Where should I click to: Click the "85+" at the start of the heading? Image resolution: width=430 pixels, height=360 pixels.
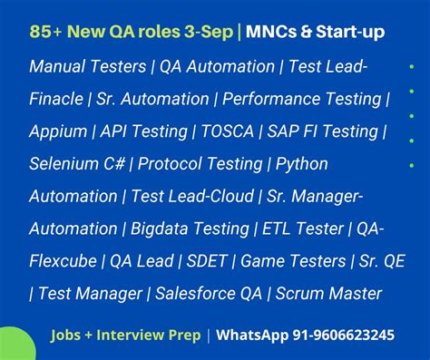[47, 33]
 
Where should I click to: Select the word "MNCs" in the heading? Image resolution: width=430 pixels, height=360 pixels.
[274, 33]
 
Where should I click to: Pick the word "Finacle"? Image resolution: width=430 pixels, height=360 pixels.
[59, 100]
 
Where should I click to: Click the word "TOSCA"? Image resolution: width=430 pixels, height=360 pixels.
[228, 132]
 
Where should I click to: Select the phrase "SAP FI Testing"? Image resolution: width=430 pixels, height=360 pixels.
[323, 132]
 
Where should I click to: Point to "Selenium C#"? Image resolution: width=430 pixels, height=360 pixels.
[77, 164]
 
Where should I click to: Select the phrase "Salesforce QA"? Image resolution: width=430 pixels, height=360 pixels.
[200, 294]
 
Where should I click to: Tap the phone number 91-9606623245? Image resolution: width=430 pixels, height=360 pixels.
[331, 336]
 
